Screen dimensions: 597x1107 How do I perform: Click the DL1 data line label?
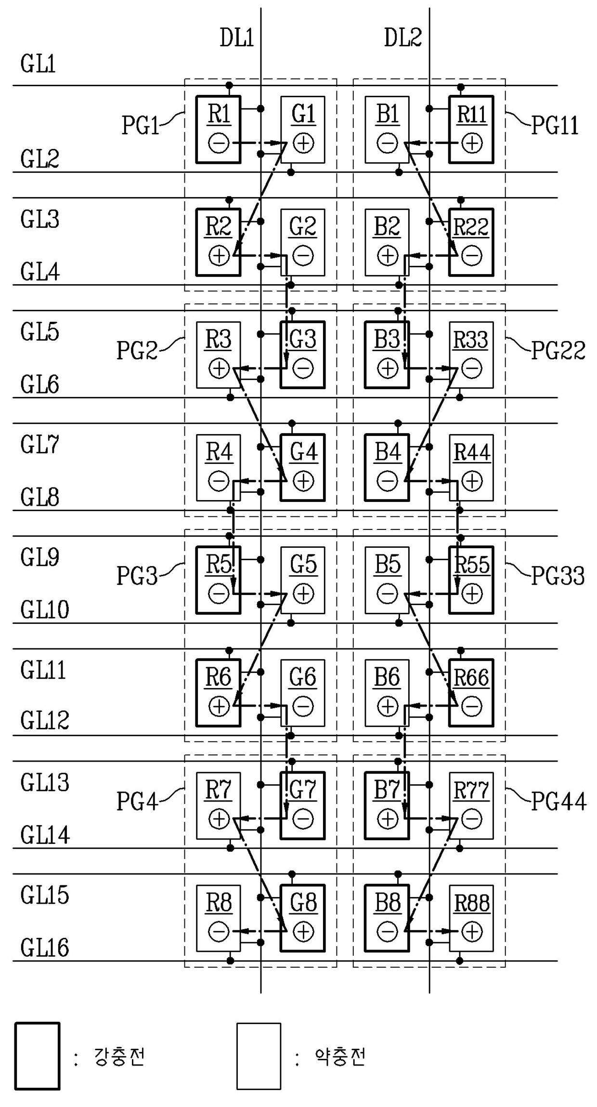point(236,38)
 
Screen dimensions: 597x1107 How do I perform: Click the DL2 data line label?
point(403,38)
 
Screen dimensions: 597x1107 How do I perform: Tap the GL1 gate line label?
point(38,64)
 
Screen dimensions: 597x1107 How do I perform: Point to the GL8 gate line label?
point(39,497)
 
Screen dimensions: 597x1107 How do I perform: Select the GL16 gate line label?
point(45,948)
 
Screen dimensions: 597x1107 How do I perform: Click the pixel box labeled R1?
point(218,130)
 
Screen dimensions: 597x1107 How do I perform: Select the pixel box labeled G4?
point(303,468)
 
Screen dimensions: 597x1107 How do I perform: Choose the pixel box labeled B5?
point(387,580)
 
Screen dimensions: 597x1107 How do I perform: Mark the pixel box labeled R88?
point(471,918)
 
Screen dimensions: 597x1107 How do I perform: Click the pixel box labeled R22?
point(471,242)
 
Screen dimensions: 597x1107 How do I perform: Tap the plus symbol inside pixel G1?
point(303,143)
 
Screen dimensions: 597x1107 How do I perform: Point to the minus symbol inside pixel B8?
point(387,932)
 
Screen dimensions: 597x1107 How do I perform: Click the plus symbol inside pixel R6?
point(219,707)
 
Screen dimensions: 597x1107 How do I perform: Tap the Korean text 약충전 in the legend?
point(340,1057)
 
